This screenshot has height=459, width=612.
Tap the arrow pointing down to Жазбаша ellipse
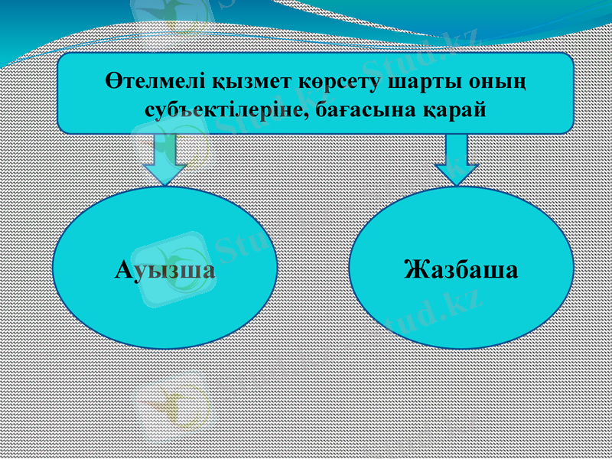[x=457, y=159]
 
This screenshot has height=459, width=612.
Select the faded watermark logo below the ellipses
[x=172, y=404]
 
